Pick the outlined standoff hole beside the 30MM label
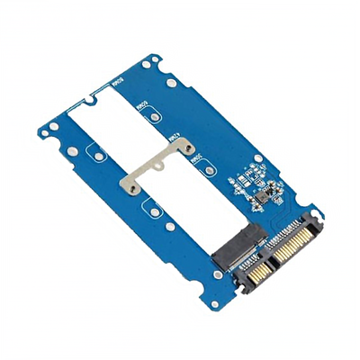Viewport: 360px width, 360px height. click(205, 176)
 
